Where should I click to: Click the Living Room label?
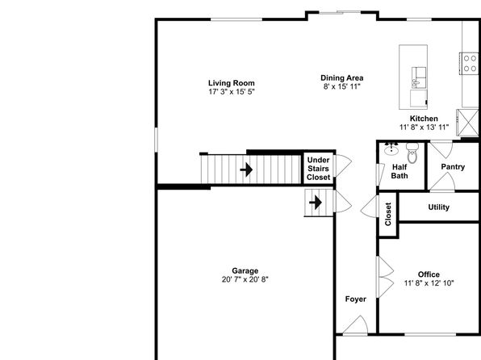[232, 83]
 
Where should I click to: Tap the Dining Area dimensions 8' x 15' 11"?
[341, 86]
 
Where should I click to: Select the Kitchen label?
[424, 119]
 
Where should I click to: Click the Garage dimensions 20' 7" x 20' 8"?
[245, 279]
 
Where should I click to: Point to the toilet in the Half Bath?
[412, 153]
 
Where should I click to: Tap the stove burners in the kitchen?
[470, 63]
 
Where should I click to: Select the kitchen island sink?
[418, 77]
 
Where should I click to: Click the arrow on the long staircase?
[246, 170]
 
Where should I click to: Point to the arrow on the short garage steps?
[316, 203]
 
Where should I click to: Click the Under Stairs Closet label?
[319, 169]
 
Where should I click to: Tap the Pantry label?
[453, 166]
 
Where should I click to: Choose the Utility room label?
[439, 207]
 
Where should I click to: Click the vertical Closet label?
[388, 214]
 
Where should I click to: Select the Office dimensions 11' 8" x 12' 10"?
[429, 283]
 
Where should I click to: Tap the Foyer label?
[356, 299]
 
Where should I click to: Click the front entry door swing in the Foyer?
[356, 325]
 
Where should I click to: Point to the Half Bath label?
[399, 172]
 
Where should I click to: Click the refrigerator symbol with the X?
[467, 123]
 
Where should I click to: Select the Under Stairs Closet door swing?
[343, 165]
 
